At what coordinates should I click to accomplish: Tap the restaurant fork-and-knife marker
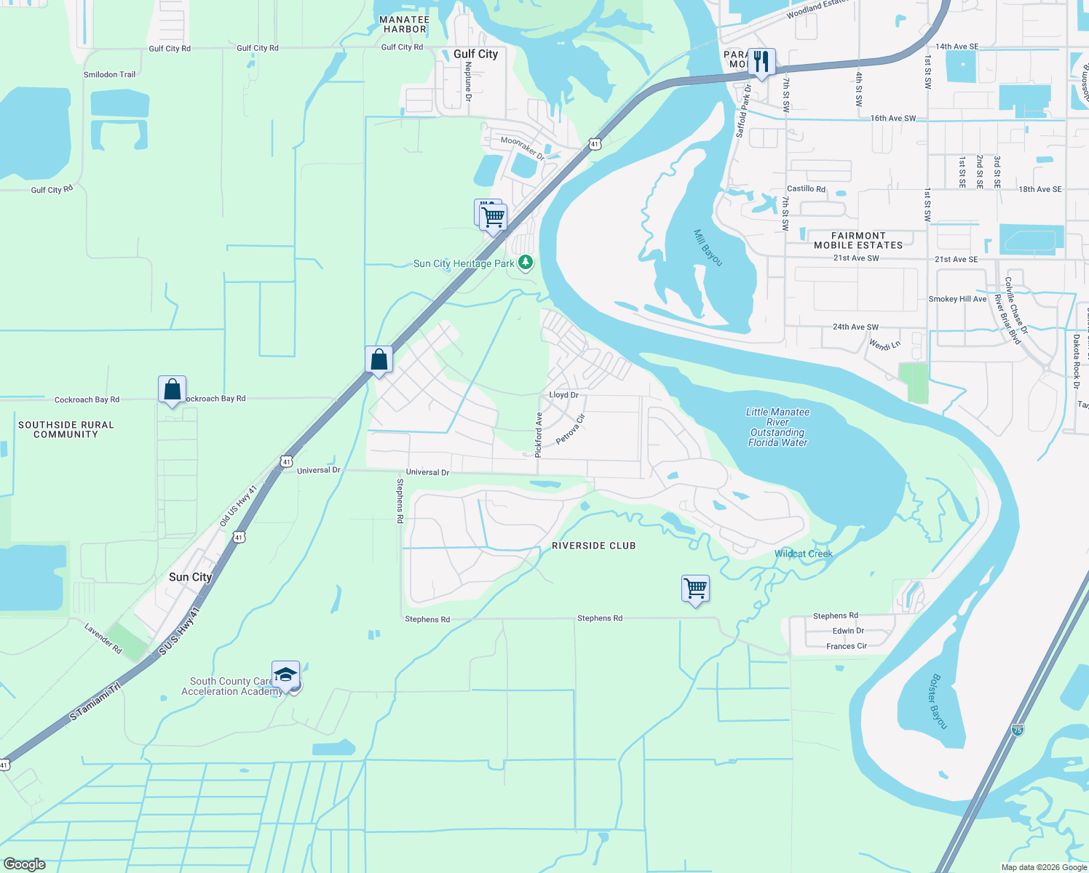tap(761, 62)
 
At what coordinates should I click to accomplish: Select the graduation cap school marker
tap(285, 674)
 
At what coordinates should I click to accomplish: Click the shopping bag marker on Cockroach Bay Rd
tap(172, 389)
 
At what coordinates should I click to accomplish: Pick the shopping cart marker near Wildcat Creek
tap(695, 588)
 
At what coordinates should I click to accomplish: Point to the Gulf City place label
tap(475, 54)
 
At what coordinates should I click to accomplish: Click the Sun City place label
tap(190, 577)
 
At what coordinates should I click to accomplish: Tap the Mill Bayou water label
tap(708, 248)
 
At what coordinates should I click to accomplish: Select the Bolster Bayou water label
tap(939, 701)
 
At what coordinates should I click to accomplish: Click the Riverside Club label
tap(593, 546)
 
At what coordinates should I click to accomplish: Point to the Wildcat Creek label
tap(803, 554)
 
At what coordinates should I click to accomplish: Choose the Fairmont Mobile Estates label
tap(858, 241)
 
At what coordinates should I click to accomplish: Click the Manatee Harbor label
tap(405, 25)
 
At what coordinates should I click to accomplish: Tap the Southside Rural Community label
tap(66, 429)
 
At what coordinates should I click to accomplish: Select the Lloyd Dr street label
tap(563, 395)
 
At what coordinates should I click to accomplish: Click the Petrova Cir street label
tap(570, 429)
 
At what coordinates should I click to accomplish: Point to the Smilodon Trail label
tap(109, 74)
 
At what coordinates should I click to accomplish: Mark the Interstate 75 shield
tap(1017, 729)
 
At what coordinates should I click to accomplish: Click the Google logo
tap(24, 864)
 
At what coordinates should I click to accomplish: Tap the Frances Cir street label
tap(846, 646)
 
